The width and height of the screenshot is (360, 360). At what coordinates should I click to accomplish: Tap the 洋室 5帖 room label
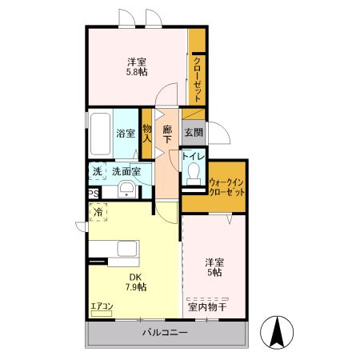pos(212,266)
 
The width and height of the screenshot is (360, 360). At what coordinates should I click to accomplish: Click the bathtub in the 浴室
pos(100,133)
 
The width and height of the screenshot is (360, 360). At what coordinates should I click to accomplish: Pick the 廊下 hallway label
pos(167,134)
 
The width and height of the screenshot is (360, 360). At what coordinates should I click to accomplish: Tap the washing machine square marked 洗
pos(97,171)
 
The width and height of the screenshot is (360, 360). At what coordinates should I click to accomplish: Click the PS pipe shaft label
pos(94,192)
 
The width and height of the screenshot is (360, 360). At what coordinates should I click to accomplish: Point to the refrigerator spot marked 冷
pos(98,212)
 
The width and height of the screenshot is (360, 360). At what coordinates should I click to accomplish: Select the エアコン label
pos(102,305)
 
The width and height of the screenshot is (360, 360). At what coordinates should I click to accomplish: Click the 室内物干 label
pos(207,306)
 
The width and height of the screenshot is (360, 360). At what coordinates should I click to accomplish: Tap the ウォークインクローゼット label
pos(226,188)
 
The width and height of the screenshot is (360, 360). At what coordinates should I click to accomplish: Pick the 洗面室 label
pos(126,171)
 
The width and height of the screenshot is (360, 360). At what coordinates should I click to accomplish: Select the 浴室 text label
pos(125,133)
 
